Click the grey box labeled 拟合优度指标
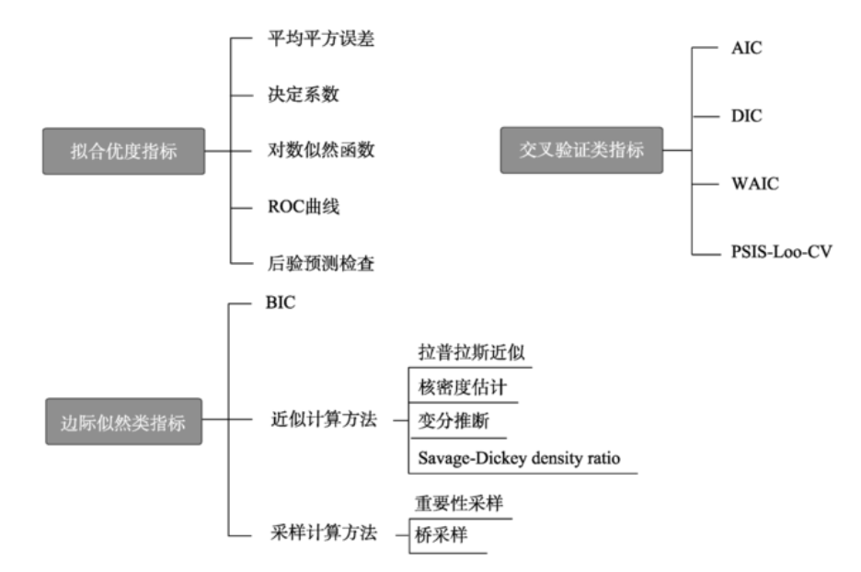coord(123,151)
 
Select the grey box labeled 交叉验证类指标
coord(581,150)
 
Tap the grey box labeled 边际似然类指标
coord(123,423)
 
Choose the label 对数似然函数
coord(316,150)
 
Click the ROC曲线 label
coord(298,206)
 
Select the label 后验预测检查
coord(316,263)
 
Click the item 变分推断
coord(446,421)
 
